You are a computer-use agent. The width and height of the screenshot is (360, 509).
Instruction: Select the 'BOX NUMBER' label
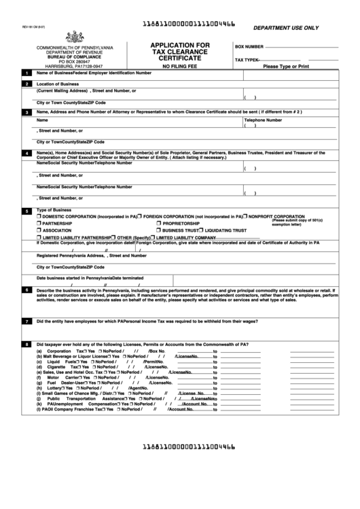point(249,47)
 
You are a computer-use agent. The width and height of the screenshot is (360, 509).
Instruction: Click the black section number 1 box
point(26,73)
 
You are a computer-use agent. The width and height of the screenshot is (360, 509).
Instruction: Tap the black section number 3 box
point(26,112)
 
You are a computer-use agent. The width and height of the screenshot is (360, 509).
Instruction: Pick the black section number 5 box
point(26,211)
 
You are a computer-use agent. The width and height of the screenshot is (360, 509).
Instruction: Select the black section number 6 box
point(26,290)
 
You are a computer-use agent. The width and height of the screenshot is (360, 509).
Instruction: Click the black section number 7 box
point(26,321)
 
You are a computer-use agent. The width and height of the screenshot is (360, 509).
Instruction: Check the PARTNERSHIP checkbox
point(39,224)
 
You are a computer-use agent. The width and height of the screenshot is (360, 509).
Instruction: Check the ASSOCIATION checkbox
point(39,231)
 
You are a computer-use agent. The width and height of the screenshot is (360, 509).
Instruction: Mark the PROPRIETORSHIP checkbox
point(158,224)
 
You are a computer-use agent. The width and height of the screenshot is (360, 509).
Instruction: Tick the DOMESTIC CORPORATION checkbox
point(39,216)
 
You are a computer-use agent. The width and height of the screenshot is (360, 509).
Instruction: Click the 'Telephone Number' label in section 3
point(264,119)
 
